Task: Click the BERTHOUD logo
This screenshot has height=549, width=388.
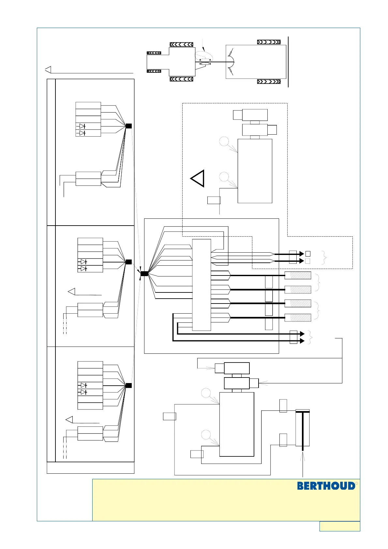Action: (326, 486)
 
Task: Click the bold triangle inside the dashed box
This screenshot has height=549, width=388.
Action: (198, 179)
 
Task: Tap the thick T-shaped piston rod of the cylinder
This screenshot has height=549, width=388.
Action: (303, 430)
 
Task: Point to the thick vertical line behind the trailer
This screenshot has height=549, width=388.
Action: (289, 62)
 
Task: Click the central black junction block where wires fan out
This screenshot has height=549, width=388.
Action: (144, 274)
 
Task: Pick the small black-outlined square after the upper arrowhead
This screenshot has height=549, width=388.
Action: (308, 254)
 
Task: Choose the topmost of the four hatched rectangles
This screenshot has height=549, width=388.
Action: (298, 275)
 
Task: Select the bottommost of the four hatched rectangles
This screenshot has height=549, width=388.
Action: (298, 317)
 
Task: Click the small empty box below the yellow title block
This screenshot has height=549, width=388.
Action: (340, 526)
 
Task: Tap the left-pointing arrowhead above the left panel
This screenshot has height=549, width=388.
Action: (48, 70)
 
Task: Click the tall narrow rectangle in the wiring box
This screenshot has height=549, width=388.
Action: (201, 285)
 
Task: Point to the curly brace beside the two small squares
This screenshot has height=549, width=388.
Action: (324, 258)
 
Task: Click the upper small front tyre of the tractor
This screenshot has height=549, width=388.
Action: (154, 53)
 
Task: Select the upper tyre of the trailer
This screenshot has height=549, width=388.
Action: (269, 42)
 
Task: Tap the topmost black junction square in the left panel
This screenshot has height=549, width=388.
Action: (129, 126)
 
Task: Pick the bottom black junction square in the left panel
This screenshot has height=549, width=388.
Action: (129, 385)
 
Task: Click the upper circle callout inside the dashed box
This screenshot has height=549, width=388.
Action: (224, 141)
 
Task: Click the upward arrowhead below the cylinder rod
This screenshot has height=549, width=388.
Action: (303, 456)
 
